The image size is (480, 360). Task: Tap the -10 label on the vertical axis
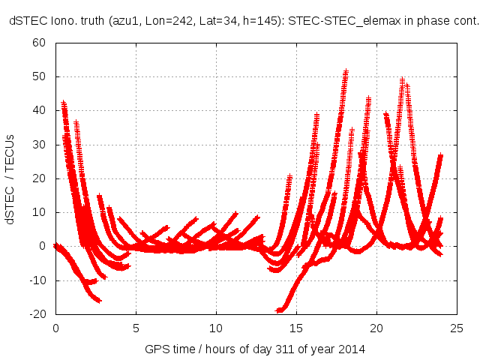coord(37,280)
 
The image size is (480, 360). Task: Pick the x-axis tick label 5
coord(136,328)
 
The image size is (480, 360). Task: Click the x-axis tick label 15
coord(296,328)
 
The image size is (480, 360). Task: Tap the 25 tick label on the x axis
coord(457,328)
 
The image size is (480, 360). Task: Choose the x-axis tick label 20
coord(376,328)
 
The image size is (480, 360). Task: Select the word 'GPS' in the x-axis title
coord(156,349)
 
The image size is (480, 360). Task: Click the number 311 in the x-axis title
coord(298,349)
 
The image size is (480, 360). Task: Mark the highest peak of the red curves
coord(346,72)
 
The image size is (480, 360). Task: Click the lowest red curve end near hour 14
coord(279,310)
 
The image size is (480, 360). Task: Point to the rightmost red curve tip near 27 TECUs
coord(441,156)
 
